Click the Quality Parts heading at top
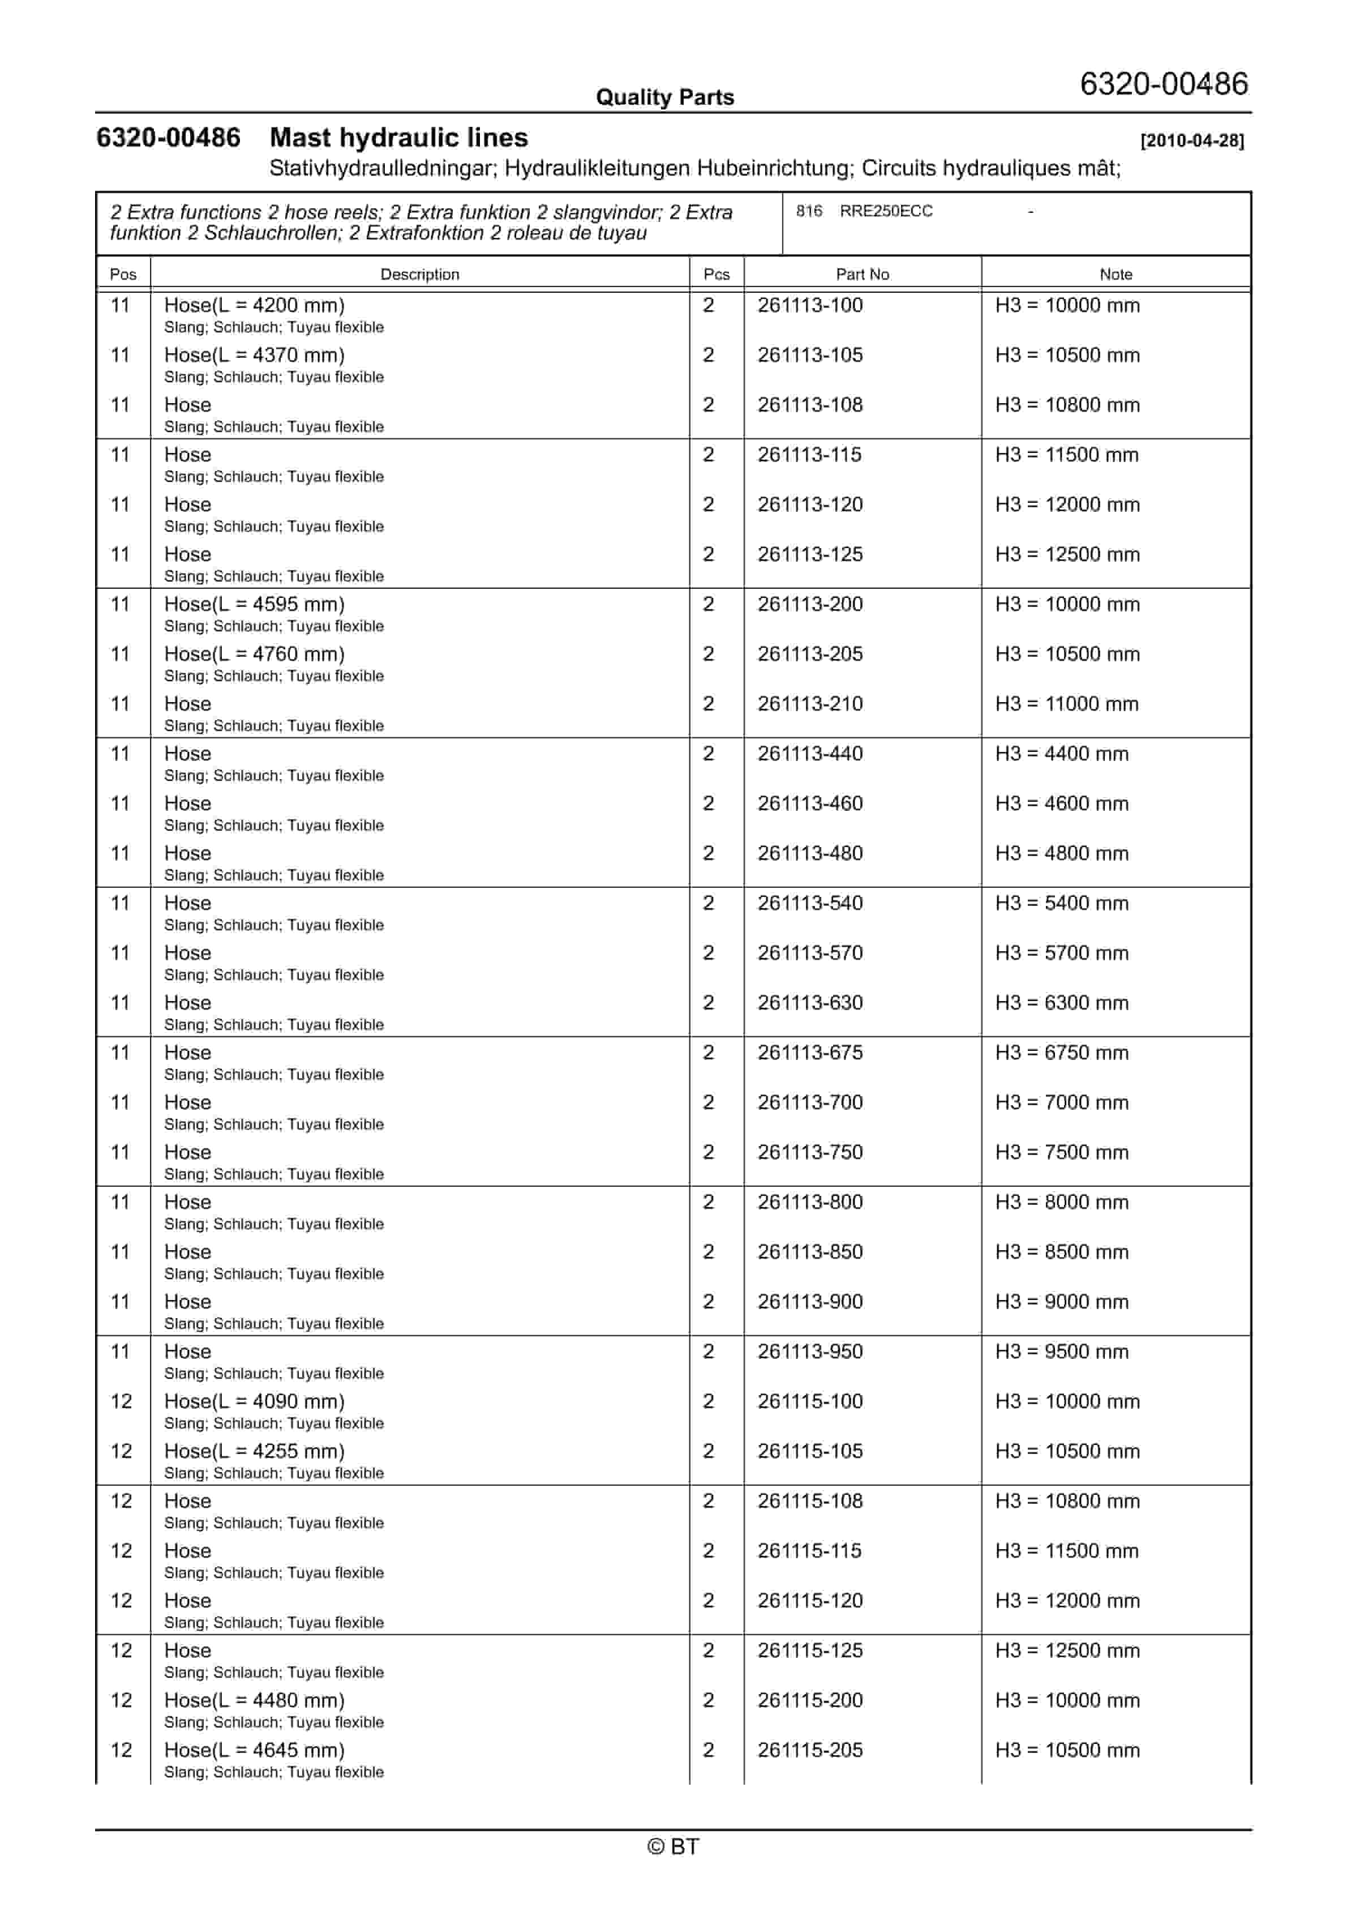click(x=664, y=97)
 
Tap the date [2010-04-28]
click(x=1192, y=140)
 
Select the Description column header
click(x=419, y=274)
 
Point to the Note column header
click(x=1116, y=274)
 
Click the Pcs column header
click(x=716, y=274)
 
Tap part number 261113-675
click(x=810, y=1053)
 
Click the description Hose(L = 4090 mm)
click(x=254, y=1401)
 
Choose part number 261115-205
click(x=810, y=1750)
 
